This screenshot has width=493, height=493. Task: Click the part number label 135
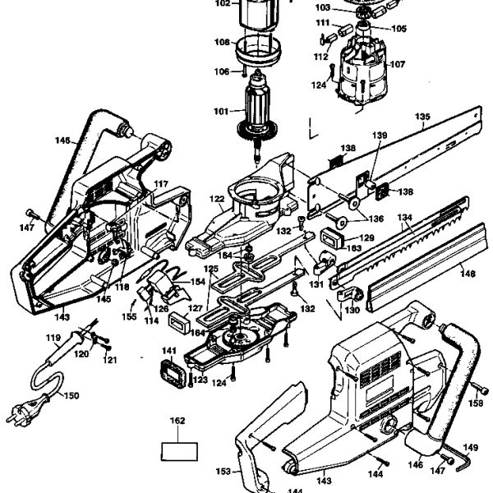pos(422,117)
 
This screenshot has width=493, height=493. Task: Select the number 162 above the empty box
pos(177,420)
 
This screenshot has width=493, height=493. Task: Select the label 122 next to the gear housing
pos(216,198)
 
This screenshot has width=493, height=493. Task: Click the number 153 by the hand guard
pos(223,472)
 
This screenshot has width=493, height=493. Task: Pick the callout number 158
pos(476,403)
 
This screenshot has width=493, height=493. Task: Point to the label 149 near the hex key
pos(471,448)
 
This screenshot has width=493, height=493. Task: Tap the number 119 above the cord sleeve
pos(53,338)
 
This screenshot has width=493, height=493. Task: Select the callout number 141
pos(168,350)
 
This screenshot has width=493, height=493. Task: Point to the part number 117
pos(161,184)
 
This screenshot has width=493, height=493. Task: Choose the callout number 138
pos(348,149)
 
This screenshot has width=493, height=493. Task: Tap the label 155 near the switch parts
pos(129,316)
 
